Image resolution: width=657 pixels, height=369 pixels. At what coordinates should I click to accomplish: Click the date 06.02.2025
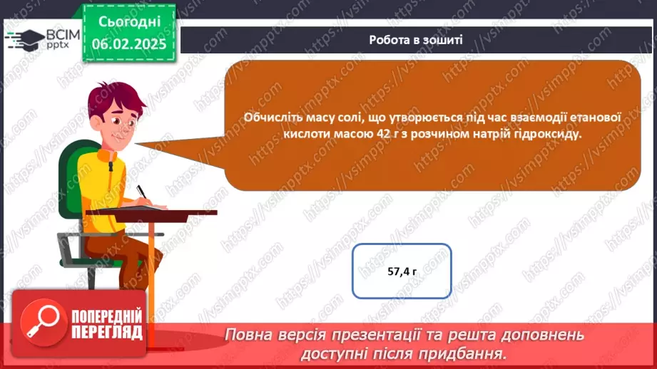click(129, 43)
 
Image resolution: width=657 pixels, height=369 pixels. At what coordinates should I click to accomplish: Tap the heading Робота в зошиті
click(416, 40)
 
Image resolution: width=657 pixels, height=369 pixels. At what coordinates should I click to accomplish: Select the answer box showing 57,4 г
click(402, 271)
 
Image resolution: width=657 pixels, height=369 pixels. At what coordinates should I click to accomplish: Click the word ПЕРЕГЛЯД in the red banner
click(106, 332)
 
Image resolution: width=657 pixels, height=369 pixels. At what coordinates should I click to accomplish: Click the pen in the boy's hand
click(143, 194)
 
